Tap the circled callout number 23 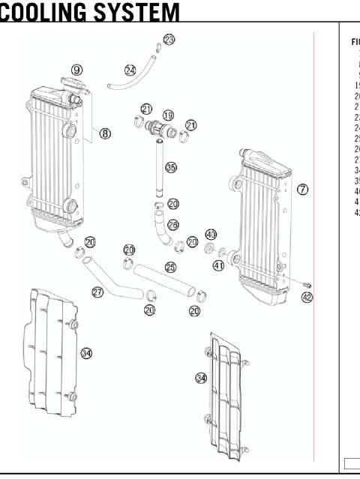169,39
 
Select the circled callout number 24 130,70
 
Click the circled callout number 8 106,133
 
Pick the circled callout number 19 168,115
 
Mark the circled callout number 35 171,168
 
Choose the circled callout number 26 173,223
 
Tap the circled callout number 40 211,235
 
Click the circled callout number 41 219,265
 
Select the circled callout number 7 302,189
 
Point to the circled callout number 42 307,297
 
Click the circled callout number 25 170,268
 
